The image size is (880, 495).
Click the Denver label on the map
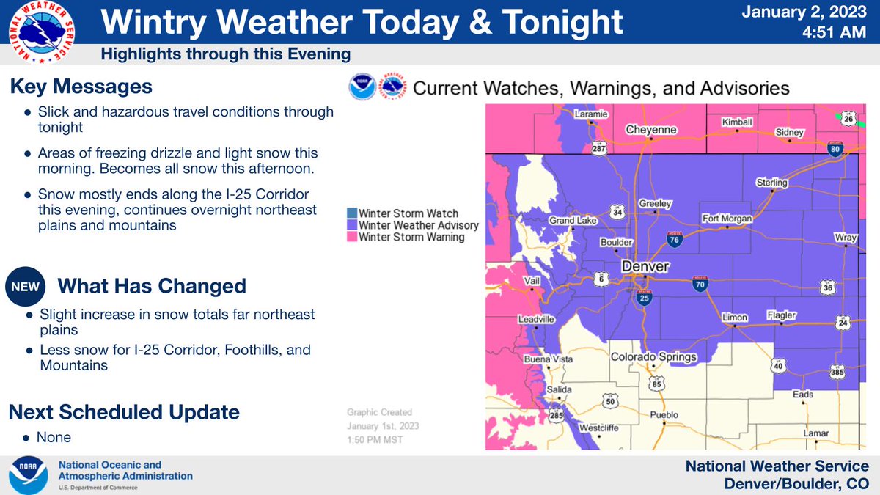(645, 266)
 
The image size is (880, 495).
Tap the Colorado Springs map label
(654, 358)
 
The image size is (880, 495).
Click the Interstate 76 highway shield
(672, 239)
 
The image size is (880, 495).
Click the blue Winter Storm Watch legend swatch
(352, 213)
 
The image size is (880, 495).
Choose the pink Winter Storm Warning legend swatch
(352, 237)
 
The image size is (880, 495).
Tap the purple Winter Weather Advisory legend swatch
(352, 225)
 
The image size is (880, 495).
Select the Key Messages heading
(81, 87)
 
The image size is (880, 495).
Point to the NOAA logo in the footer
(29, 476)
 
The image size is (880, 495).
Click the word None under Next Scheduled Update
(56, 437)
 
